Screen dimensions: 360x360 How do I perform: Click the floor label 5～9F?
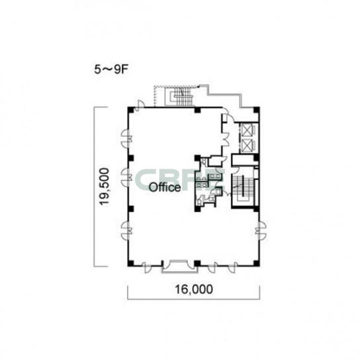pos(111,69)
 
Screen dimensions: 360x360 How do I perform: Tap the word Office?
pos(165,187)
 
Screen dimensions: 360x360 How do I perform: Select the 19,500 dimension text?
pos(104,187)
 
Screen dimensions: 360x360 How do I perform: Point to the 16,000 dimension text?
pos(194,289)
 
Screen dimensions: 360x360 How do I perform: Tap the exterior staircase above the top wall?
pos(180,97)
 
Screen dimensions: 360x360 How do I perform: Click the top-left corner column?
pos(130,110)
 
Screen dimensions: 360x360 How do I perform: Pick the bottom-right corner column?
pos(257,263)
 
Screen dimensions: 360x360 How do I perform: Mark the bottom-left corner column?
pos(130,263)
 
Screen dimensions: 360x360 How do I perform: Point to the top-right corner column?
pos(257,110)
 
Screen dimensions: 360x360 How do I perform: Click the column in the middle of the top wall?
pos(197,110)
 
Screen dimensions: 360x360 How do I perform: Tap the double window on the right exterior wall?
pos(261,230)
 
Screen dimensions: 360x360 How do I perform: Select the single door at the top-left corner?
pos(139,106)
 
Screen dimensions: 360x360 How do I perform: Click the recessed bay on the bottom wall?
pos(180,266)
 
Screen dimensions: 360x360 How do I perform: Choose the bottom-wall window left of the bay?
pos(146,267)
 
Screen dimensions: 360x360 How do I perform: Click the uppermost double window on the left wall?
pos(126,139)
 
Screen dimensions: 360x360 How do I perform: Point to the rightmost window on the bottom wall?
pos(232,267)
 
